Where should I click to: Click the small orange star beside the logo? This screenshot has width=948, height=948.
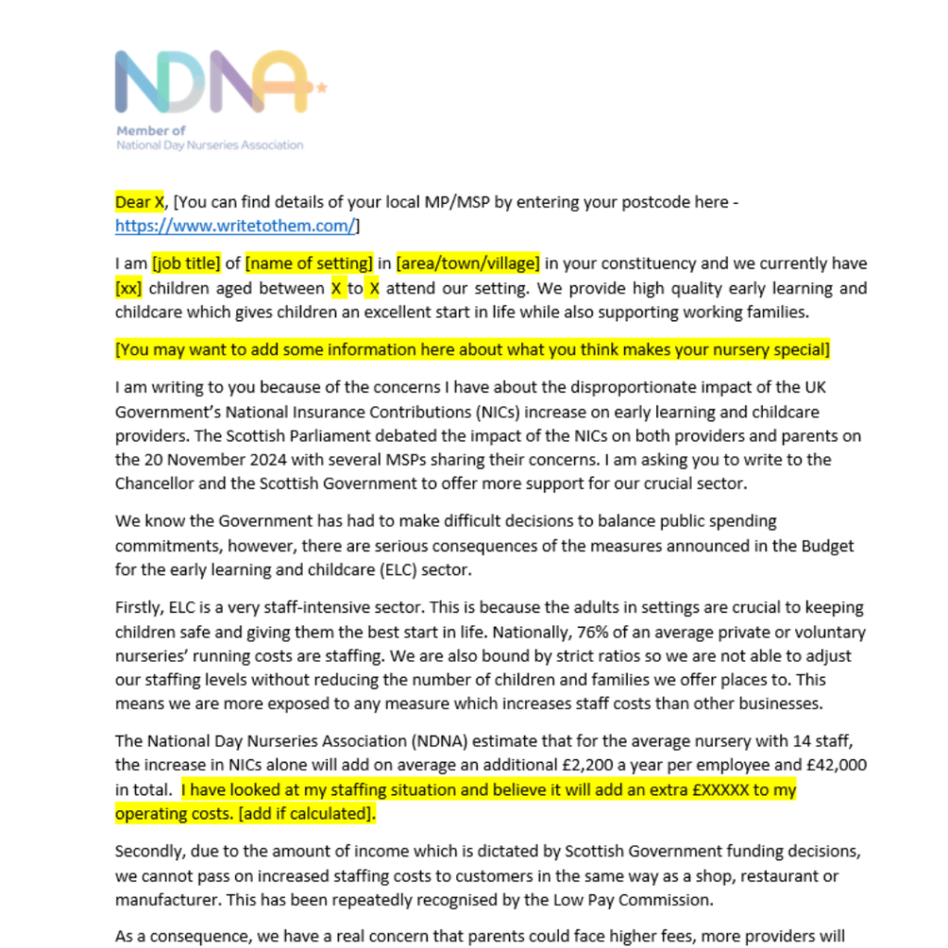click(x=321, y=88)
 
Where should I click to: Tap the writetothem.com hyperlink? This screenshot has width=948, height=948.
click(x=235, y=225)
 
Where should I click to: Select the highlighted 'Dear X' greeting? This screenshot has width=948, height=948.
click(x=140, y=201)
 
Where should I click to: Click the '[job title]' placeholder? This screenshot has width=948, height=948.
click(x=187, y=263)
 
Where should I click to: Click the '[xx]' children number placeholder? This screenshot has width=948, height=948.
click(x=129, y=288)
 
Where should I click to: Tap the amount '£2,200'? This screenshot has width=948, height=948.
click(x=577, y=766)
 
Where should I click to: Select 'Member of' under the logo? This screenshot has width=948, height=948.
click(x=151, y=131)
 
